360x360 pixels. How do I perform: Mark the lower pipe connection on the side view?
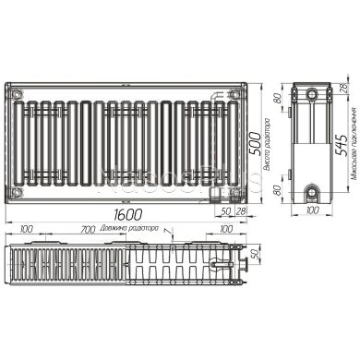pyautogui.click(x=312, y=191)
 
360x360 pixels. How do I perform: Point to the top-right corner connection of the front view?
pyautogui.click(x=235, y=93)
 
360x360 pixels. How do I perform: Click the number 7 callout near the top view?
pyautogui.click(x=166, y=230)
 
